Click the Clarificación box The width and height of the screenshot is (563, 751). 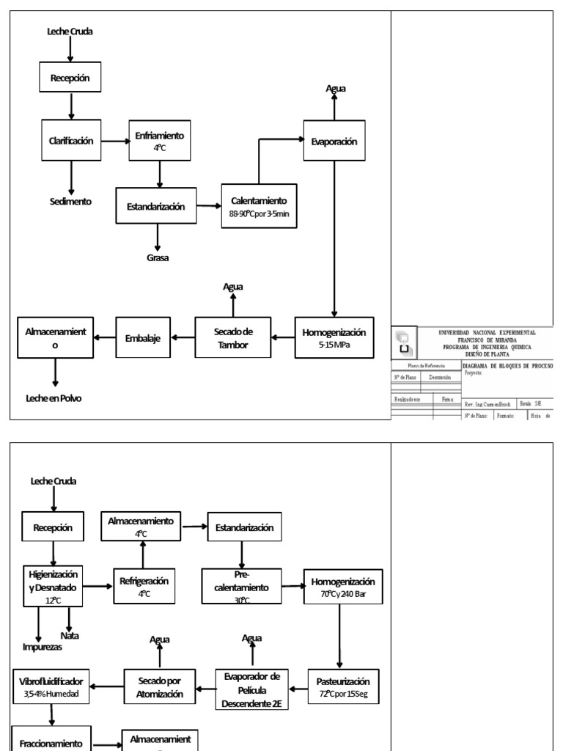(x=72, y=141)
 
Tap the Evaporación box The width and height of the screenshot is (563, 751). (x=334, y=142)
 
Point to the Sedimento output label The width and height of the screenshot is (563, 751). (x=72, y=199)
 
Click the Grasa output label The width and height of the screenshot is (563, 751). (x=158, y=257)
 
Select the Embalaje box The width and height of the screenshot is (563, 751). (x=142, y=337)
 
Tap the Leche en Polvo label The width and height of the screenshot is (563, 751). (x=53, y=399)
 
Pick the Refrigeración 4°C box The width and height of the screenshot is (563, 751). (x=144, y=585)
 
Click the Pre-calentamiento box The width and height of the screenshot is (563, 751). (x=238, y=585)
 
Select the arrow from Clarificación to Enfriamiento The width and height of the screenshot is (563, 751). (x=115, y=141)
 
